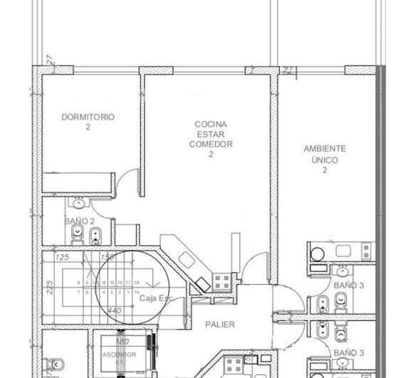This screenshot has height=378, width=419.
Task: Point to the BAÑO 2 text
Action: pos(80,221)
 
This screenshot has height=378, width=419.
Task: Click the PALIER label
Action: pos(220,325)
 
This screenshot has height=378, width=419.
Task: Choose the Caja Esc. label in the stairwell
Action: pos(155,298)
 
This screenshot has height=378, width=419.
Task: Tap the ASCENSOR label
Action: pos(113,353)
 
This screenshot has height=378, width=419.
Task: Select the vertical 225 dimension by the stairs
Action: pos(50,287)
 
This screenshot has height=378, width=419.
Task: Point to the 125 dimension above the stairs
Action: pos(62,256)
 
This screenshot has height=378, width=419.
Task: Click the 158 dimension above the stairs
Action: pos(107,256)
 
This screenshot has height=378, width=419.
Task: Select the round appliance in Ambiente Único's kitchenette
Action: pos(317,252)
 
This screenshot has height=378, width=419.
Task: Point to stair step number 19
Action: pos(136,291)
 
